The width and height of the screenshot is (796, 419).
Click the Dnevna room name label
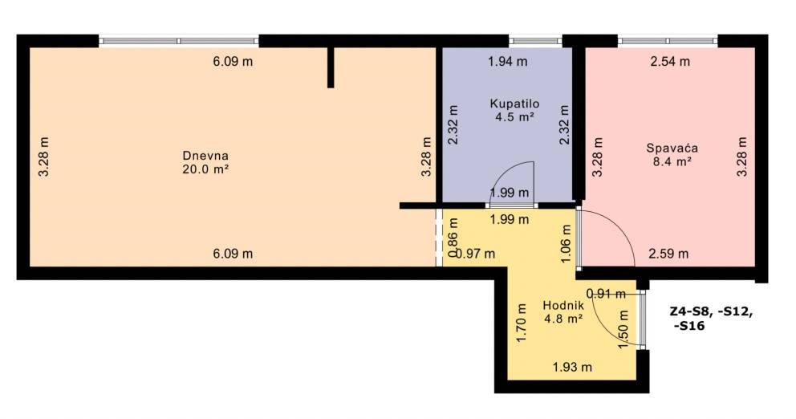pyautogui.click(x=205, y=156)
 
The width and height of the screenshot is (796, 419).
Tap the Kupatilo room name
pyautogui.click(x=514, y=104)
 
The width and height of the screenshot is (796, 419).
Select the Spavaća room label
pyautogui.click(x=672, y=148)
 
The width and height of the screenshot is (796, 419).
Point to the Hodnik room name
pyautogui.click(x=563, y=306)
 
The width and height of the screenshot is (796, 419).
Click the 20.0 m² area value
pyautogui.click(x=205, y=169)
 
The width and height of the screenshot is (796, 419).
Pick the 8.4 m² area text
pyautogui.click(x=672, y=161)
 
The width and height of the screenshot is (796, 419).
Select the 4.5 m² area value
pyautogui.click(x=514, y=117)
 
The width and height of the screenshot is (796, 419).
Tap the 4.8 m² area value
pyautogui.click(x=563, y=319)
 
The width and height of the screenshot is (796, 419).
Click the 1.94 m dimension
pyautogui.click(x=508, y=62)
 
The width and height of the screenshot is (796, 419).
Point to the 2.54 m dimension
pyautogui.click(x=670, y=62)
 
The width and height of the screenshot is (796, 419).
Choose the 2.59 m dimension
pyautogui.click(x=668, y=254)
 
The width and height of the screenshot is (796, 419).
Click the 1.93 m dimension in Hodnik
pyautogui.click(x=572, y=367)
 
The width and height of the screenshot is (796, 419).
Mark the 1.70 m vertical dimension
pyautogui.click(x=522, y=323)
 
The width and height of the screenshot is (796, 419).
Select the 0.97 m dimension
pyautogui.click(x=475, y=254)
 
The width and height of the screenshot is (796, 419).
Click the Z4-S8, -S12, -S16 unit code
pyautogui.click(x=712, y=319)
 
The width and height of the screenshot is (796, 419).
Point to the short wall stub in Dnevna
pyautogui.click(x=331, y=67)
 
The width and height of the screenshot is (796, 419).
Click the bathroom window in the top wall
pyautogui.click(x=535, y=41)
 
